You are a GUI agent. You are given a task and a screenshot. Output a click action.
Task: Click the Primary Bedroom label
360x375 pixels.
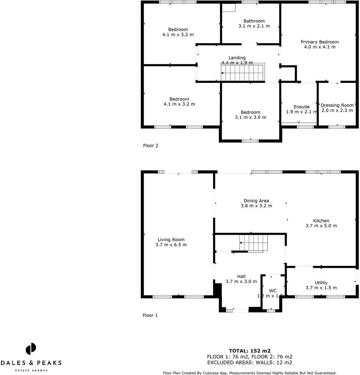319,42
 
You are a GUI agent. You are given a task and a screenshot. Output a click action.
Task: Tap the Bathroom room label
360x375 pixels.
254,21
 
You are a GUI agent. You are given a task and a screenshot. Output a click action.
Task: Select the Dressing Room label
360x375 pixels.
337,105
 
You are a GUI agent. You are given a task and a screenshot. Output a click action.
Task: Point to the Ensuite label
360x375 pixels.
302,107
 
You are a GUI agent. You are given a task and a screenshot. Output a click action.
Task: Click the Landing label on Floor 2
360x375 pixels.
237,58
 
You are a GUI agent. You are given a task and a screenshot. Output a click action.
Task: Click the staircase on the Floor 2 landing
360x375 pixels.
243,73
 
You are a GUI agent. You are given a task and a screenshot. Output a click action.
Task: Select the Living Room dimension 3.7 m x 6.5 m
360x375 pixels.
171,245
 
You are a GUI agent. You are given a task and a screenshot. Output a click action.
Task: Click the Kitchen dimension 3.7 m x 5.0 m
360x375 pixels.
321,226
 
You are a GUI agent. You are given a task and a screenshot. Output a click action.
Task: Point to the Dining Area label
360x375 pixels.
256,201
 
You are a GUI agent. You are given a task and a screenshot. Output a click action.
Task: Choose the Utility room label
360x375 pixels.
321,283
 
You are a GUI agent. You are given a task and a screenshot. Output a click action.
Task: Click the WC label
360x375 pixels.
273,291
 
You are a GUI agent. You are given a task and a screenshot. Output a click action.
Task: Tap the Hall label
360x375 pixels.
241,277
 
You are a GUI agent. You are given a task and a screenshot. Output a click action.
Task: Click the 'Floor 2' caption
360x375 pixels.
151,146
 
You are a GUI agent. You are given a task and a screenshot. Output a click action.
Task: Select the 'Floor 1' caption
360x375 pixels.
150,315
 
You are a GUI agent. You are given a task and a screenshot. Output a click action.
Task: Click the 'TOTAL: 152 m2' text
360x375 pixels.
250,351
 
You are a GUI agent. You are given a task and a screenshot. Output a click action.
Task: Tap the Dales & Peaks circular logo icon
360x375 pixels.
31,349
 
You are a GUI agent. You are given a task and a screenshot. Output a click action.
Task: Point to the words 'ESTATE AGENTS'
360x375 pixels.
31,370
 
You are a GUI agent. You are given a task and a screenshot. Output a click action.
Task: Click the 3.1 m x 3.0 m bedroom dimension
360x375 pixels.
250,117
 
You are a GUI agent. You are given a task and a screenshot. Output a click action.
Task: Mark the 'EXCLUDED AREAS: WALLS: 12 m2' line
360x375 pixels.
250,362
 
